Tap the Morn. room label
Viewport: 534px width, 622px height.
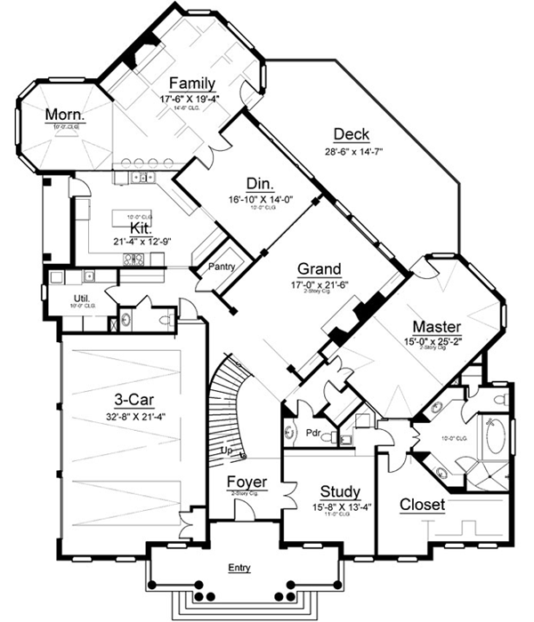(x=66, y=115)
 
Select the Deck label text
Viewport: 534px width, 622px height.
(x=352, y=134)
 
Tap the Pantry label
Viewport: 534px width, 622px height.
(x=221, y=266)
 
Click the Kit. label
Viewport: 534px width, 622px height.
(x=129, y=228)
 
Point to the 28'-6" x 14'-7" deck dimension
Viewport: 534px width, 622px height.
(x=352, y=150)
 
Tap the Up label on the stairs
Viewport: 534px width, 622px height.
(x=229, y=451)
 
